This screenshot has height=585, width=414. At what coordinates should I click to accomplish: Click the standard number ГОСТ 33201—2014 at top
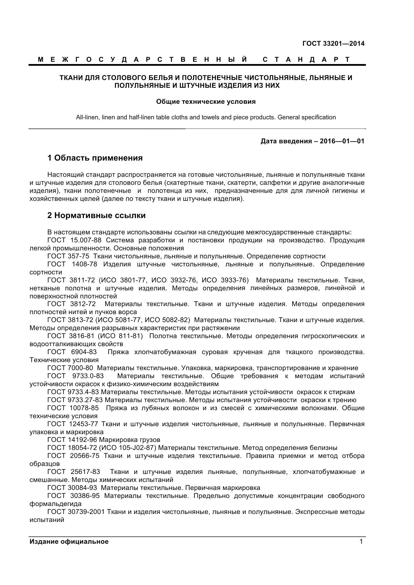coord(333,44)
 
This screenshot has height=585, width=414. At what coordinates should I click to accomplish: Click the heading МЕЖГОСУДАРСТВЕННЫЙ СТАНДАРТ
coord(194,60)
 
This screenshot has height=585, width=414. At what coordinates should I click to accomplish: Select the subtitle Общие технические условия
coord(206,102)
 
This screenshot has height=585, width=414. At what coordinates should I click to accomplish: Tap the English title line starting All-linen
coord(206,118)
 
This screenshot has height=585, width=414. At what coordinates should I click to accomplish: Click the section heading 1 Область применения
coord(95,158)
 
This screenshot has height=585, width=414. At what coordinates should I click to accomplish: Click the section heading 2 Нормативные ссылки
coord(96,216)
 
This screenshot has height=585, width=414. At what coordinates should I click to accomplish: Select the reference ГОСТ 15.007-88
coord(74,240)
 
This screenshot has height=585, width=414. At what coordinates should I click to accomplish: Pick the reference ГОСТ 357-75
coord(68,256)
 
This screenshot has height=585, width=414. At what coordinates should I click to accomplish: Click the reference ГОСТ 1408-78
coord(72,264)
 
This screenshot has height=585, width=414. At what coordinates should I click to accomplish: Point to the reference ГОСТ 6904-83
coord(72,352)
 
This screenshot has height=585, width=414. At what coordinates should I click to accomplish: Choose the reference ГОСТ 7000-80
coord(70,368)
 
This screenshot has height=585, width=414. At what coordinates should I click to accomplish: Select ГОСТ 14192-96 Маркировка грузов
coord(104,440)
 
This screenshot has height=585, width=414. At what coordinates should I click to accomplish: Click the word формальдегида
coord(55,504)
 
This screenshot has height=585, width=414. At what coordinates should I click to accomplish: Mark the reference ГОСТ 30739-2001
coord(76,512)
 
